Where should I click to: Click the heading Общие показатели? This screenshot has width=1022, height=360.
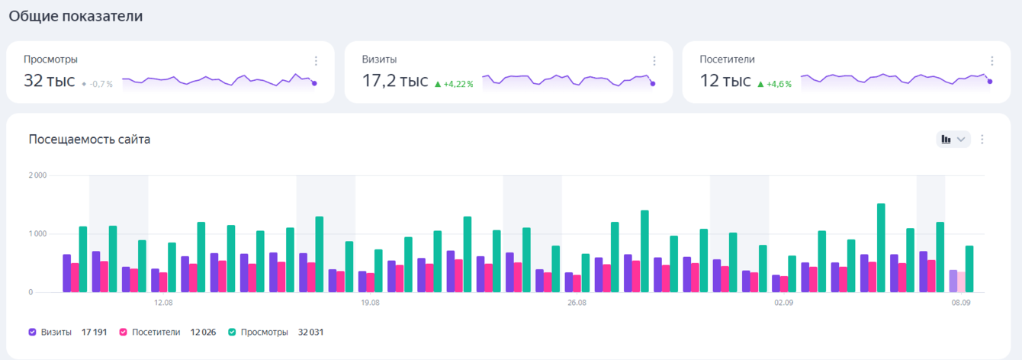point(76,16)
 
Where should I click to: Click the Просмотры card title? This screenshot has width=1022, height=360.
point(50,59)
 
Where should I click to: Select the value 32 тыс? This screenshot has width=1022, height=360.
point(50,81)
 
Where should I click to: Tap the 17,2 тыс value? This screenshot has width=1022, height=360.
point(394,81)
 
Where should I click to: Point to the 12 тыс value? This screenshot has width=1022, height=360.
point(725,81)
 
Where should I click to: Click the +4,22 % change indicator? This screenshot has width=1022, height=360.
point(454,84)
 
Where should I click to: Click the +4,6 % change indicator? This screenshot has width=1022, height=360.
point(774,84)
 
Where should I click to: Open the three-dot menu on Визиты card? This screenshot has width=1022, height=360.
point(654,61)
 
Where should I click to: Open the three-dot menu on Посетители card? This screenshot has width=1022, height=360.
point(991,61)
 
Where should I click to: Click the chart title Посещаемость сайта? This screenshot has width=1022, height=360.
point(89,140)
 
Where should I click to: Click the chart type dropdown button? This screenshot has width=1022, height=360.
point(953,139)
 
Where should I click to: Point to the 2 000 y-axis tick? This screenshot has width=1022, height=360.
point(37,175)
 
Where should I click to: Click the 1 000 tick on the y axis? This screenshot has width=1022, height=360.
point(37,233)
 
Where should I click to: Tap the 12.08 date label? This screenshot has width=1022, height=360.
point(163,303)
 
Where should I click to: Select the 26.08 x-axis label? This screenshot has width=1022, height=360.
point(577,303)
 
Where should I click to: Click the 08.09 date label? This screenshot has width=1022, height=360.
point(960,303)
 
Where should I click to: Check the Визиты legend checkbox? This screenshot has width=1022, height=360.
point(33,333)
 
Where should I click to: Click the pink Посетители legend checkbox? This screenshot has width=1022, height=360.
point(124,333)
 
